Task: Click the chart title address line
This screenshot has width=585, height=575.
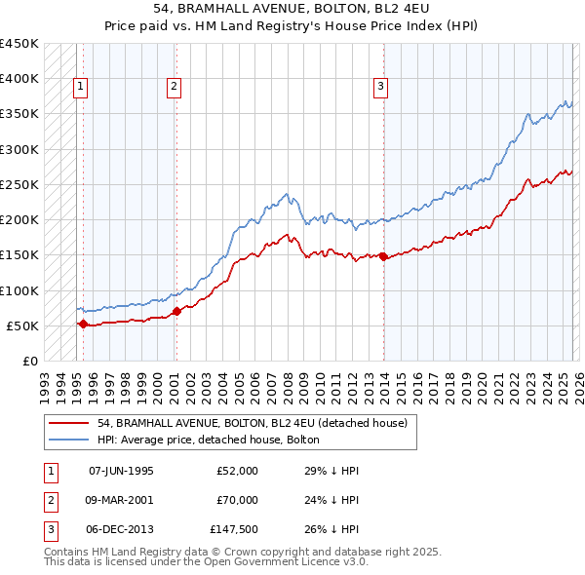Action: pyautogui.click(x=292, y=9)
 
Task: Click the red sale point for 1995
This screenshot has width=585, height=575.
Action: pyautogui.click(x=83, y=324)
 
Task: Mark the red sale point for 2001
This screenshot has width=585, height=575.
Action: pyautogui.click(x=176, y=312)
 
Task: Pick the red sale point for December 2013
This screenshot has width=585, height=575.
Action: pyautogui.click(x=383, y=257)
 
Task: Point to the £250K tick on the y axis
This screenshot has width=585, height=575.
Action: pyautogui.click(x=19, y=184)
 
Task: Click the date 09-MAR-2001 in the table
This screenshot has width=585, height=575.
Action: pyautogui.click(x=121, y=500)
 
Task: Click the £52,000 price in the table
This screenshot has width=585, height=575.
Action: pyautogui.click(x=237, y=471)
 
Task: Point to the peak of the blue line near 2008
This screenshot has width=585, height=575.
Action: pyautogui.click(x=286, y=193)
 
